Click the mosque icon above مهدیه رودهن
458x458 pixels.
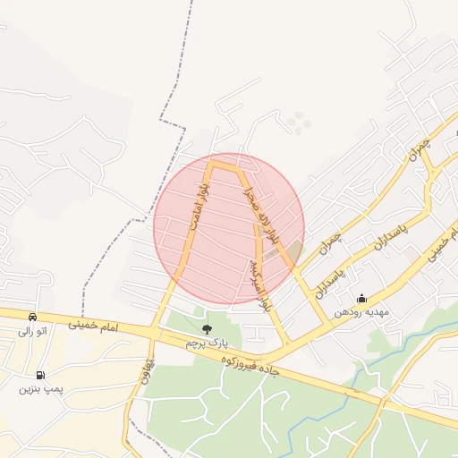click(361, 299)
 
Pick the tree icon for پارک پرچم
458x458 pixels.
click(207, 329)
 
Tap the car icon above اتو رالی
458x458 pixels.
click(33, 317)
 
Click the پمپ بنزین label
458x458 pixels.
click(40, 389)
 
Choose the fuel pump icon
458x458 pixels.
click(40, 375)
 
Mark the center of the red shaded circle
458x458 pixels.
click(229, 228)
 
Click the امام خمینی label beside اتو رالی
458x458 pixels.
click(97, 328)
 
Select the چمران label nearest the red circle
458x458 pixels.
click(329, 242)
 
